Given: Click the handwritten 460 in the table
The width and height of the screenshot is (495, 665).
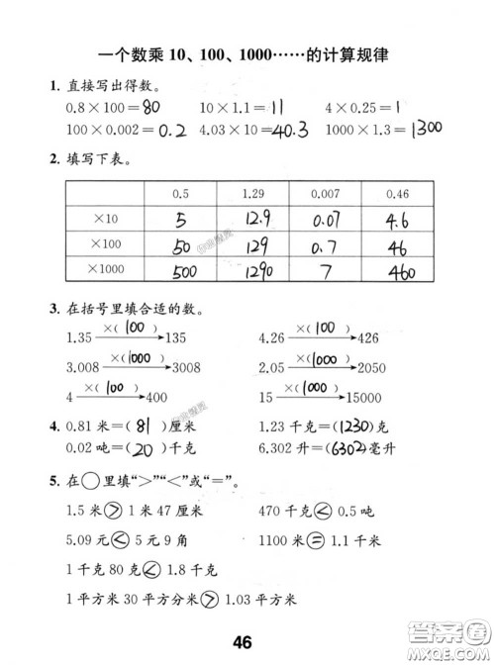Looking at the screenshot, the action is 403,271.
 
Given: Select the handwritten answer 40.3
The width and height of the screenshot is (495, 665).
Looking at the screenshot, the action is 290,129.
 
